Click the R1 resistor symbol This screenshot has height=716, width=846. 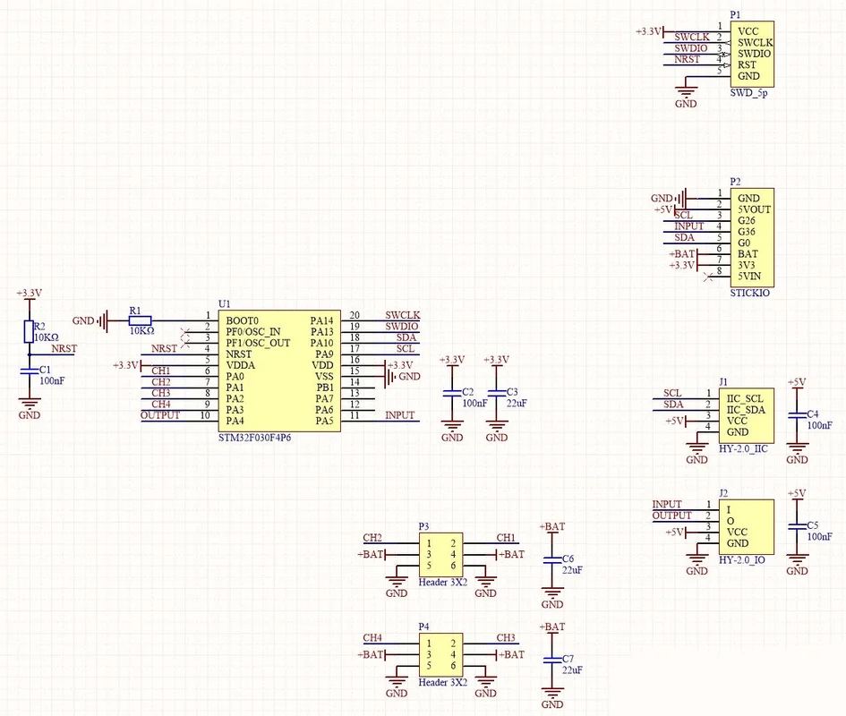tap(141, 320)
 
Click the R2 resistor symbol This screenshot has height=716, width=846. tap(30, 331)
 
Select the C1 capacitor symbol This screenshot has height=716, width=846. tap(30, 371)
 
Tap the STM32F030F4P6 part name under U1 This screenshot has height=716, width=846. tap(254, 438)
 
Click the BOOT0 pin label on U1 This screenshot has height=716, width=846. tap(242, 320)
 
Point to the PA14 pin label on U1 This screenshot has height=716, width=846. tap(321, 320)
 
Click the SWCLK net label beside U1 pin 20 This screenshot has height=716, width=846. tap(403, 315)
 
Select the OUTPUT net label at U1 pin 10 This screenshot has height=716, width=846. tap(160, 415)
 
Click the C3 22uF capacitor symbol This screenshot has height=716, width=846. tap(496, 393)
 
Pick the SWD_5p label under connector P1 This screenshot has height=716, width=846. tap(749, 93)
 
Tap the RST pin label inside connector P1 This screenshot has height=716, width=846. tap(747, 64)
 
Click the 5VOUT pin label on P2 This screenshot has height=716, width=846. tap(755, 209)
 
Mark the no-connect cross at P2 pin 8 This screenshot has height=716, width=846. tap(709, 277)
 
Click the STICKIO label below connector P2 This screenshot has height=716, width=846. tap(750, 293)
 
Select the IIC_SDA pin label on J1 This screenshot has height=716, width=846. tap(746, 410)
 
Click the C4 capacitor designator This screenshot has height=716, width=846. tap(813, 413)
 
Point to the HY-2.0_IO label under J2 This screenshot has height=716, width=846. tap(742, 560)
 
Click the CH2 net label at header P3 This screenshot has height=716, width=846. tap(372, 537)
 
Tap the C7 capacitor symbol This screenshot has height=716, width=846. tap(552, 660)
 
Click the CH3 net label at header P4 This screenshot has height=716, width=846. tap(506, 638)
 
